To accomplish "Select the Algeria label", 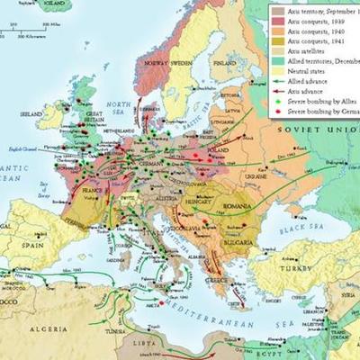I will pos(55,330).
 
